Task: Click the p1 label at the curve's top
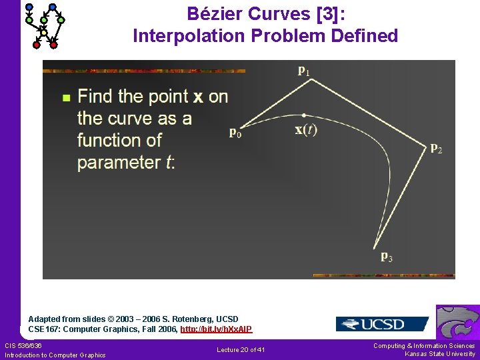click(303, 69)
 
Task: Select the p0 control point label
click(235, 133)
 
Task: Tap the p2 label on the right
click(435, 148)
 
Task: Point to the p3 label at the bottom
click(386, 256)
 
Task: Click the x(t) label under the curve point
click(306, 130)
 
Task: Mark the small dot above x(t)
click(304, 115)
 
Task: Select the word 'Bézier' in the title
click(214, 13)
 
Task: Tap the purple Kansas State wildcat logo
click(459, 322)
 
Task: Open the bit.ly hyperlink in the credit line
click(216, 329)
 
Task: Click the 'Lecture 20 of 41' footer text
click(241, 350)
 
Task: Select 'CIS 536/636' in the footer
click(23, 345)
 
